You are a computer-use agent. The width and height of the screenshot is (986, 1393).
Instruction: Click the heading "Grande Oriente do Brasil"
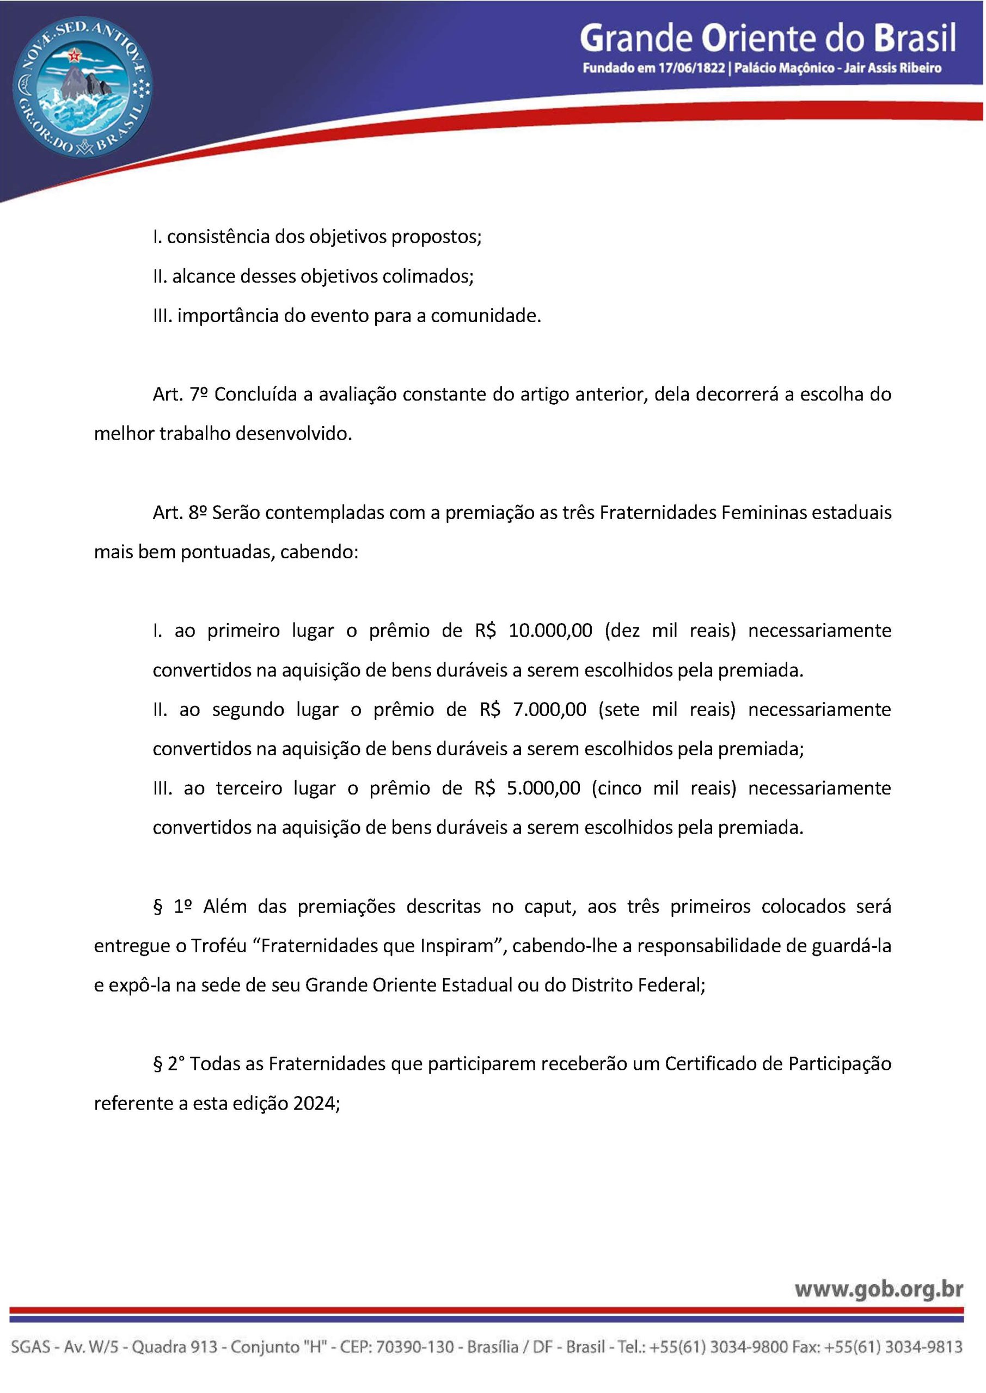(768, 38)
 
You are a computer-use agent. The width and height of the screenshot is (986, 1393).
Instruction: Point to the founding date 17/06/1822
(691, 68)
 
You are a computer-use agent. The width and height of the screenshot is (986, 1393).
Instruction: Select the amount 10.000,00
(550, 630)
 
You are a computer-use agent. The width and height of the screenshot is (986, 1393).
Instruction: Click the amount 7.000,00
(549, 709)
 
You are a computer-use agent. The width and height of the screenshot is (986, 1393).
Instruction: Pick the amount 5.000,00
(543, 788)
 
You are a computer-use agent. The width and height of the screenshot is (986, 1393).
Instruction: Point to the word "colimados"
(427, 276)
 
